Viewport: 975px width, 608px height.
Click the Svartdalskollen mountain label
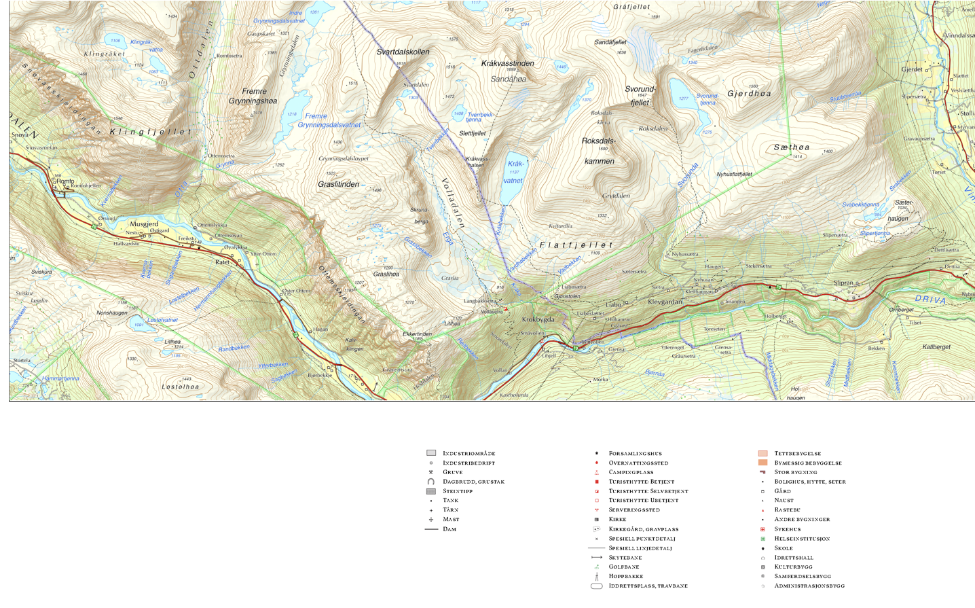click(403, 52)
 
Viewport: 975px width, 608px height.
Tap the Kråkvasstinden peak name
click(507, 63)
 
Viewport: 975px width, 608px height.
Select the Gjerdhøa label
click(749, 94)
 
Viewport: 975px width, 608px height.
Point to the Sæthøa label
click(791, 147)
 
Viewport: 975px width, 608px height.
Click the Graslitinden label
click(338, 185)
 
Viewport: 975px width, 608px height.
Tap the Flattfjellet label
click(576, 245)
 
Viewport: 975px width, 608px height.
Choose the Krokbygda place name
click(538, 319)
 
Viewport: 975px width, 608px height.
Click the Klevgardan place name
click(665, 302)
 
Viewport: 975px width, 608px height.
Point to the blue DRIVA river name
click(930, 299)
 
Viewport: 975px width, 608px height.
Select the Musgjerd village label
click(144, 223)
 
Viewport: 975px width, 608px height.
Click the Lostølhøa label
click(181, 387)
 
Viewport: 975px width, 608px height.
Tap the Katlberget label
click(936, 347)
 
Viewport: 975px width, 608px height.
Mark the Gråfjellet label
click(631, 7)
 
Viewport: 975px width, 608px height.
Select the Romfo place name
click(65, 181)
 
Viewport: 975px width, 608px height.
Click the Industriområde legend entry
click(468, 453)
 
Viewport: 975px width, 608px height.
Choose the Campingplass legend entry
click(631, 472)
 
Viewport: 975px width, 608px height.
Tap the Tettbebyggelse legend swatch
click(762, 453)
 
